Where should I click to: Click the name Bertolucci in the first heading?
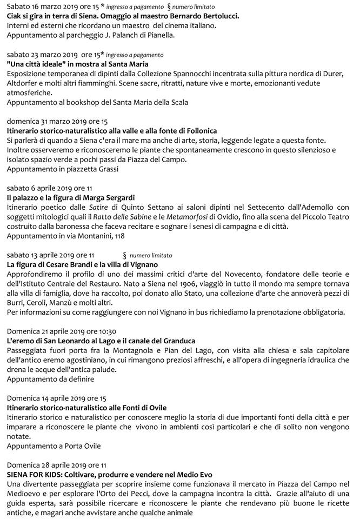[x=217, y=16]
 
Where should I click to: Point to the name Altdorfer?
[x=25, y=83]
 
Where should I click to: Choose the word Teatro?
[x=338, y=217]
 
